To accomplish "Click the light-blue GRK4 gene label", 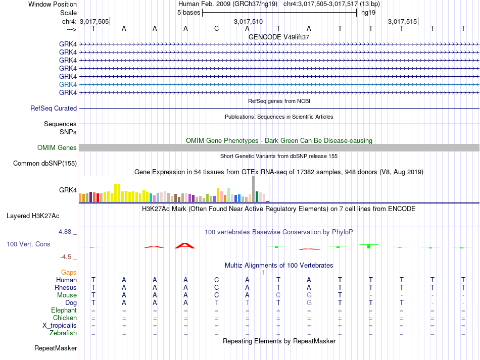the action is [68, 84].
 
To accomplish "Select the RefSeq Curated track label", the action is [54, 108].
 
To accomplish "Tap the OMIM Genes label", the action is [57, 148].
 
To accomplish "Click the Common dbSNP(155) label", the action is [45, 163].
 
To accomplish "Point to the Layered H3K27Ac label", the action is [33, 216].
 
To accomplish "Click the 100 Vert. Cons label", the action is [28, 244].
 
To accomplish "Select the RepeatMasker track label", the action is [56, 348].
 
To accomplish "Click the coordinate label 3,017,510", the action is [248, 21].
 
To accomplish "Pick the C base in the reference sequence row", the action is [216, 28].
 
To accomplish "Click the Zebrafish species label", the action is [63, 333].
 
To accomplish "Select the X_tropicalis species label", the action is [60, 326].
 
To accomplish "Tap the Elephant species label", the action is [64, 311].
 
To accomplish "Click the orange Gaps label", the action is [69, 272].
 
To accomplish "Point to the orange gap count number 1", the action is [263, 272].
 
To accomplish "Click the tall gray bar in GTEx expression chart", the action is [254, 189].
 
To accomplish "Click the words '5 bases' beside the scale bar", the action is [188, 13].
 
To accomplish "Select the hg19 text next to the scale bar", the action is [368, 13].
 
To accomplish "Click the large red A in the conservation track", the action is [185, 245].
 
